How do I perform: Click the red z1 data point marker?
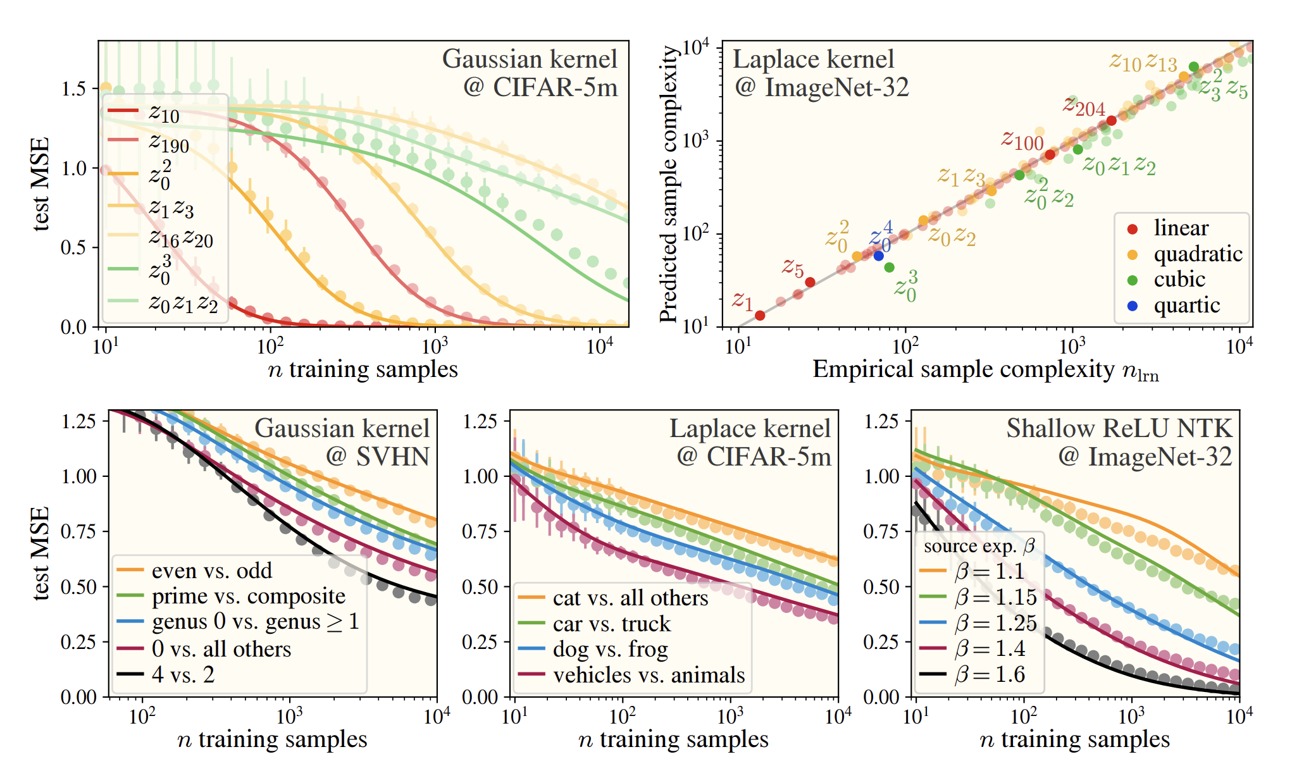[x=760, y=315]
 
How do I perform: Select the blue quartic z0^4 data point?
[x=878, y=256]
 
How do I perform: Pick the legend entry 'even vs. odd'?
[x=211, y=571]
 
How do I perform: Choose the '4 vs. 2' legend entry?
[x=183, y=674]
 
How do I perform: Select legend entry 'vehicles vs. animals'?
[x=649, y=675]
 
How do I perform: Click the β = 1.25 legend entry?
[x=995, y=623]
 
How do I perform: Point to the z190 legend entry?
[x=169, y=142]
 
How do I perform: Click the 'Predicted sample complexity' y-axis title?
[x=669, y=183]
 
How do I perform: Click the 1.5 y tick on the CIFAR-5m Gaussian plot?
[x=73, y=89]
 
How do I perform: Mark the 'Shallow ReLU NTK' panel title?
[x=1119, y=429]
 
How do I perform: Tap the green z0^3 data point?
[x=889, y=268]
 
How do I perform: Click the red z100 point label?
[x=1022, y=140]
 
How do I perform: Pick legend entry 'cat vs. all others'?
[x=630, y=598]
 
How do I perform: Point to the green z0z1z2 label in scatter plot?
[x=1119, y=166]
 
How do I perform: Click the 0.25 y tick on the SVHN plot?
[x=78, y=642]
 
